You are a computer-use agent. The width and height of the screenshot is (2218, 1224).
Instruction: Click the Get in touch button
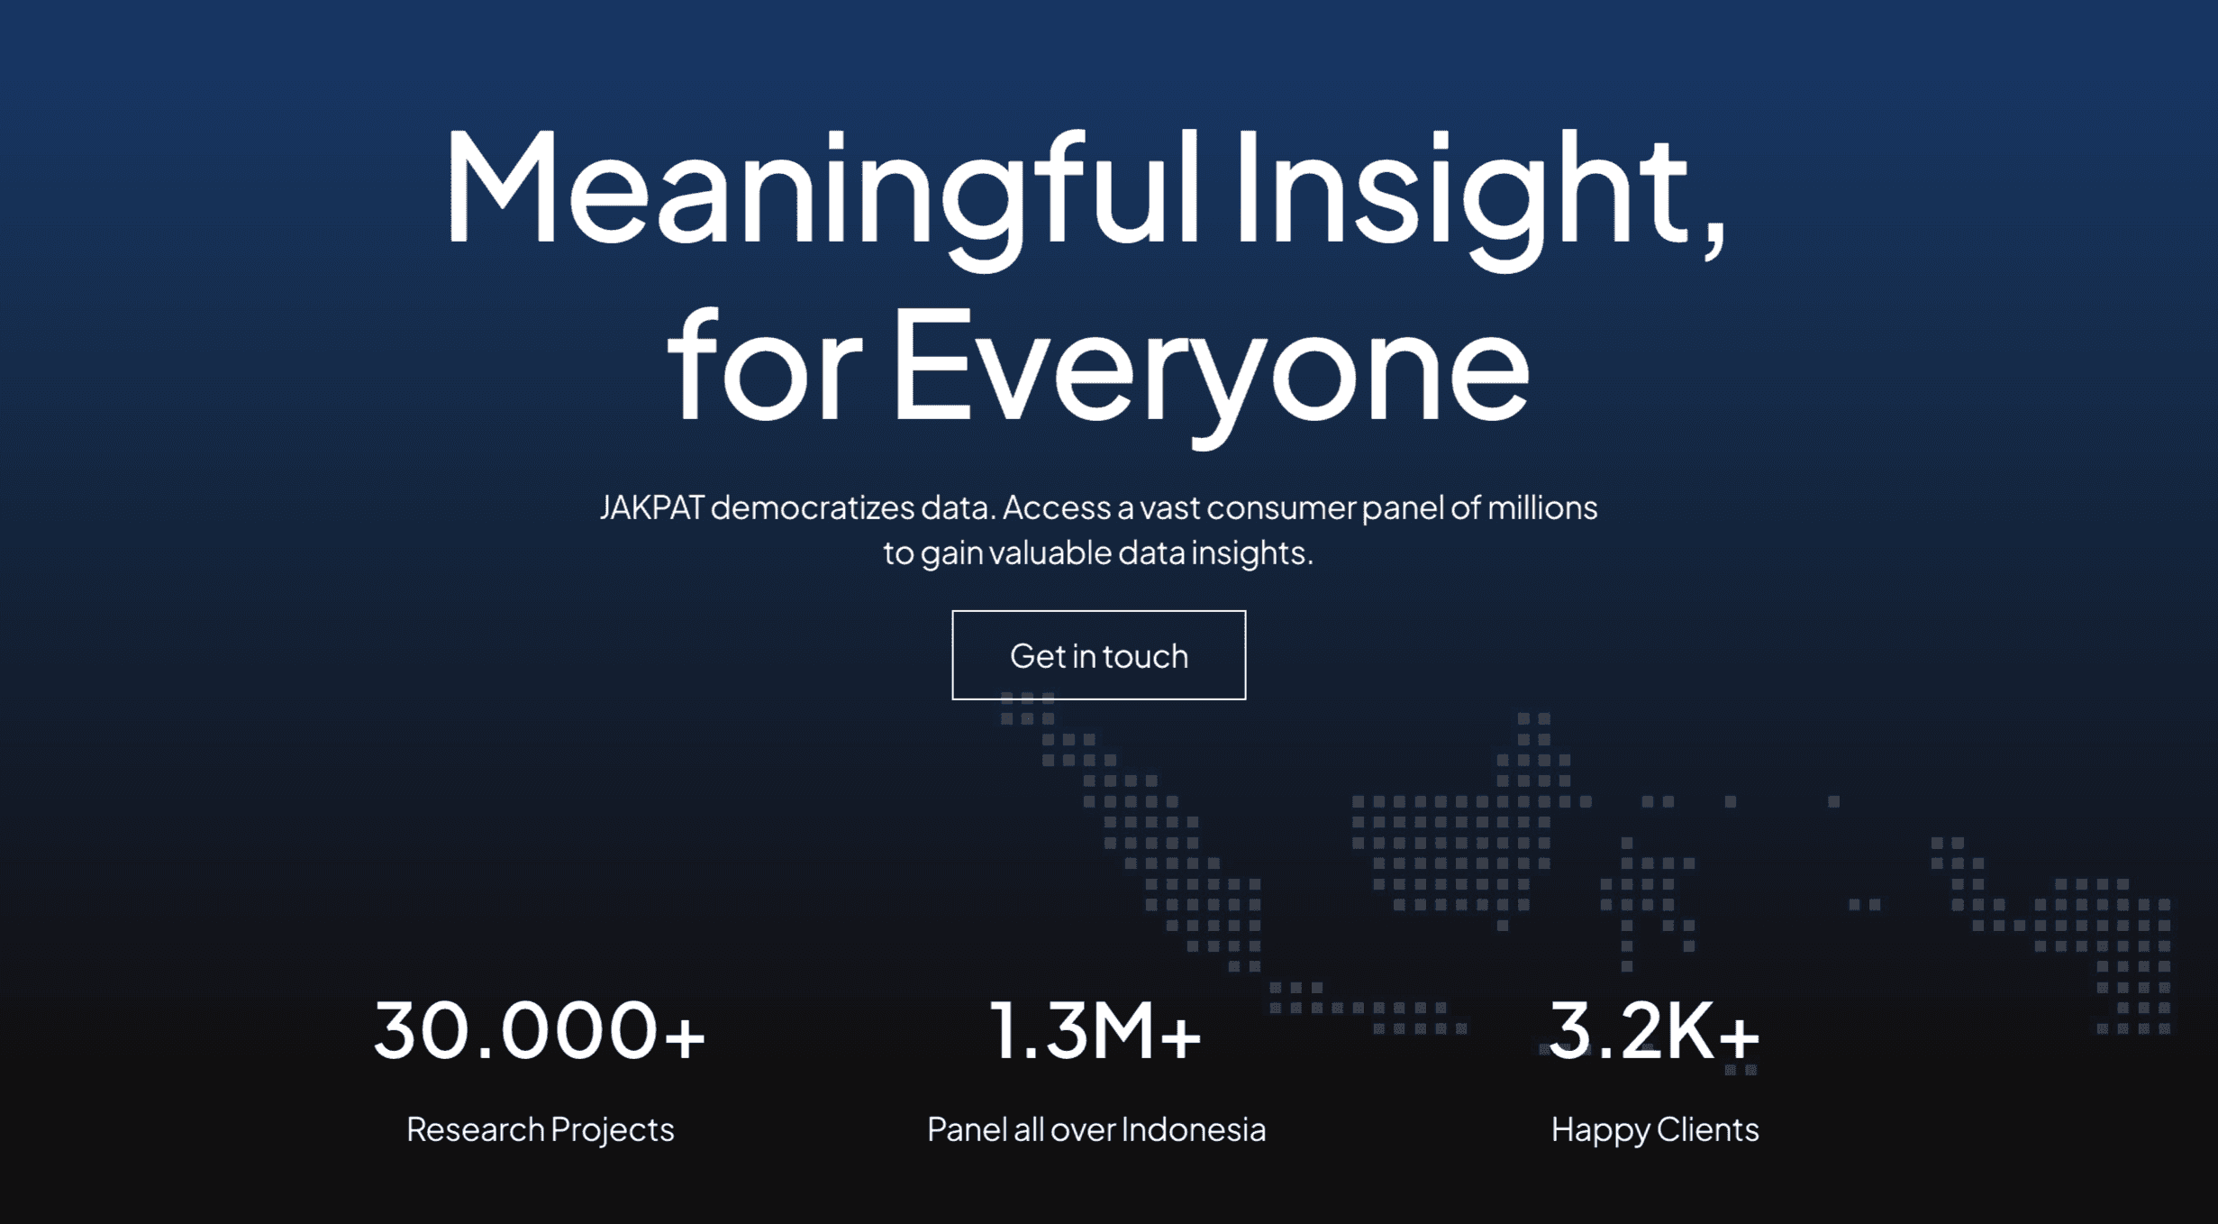click(x=1098, y=655)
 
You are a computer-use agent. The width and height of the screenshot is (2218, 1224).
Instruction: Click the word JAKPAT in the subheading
click(x=651, y=507)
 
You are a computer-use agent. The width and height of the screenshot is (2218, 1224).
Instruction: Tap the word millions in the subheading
click(x=1541, y=507)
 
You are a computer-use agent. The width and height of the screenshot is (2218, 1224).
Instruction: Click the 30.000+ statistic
click(x=540, y=1030)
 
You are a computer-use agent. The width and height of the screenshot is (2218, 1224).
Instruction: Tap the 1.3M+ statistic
click(x=1095, y=1030)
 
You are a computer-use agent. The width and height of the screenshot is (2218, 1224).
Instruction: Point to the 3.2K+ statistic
click(x=1654, y=1030)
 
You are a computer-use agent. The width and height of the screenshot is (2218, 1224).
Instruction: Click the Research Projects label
click(x=540, y=1129)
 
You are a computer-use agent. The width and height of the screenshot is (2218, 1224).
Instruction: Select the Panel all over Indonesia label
click(x=1096, y=1129)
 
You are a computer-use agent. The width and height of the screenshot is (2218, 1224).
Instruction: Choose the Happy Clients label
click(x=1654, y=1129)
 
